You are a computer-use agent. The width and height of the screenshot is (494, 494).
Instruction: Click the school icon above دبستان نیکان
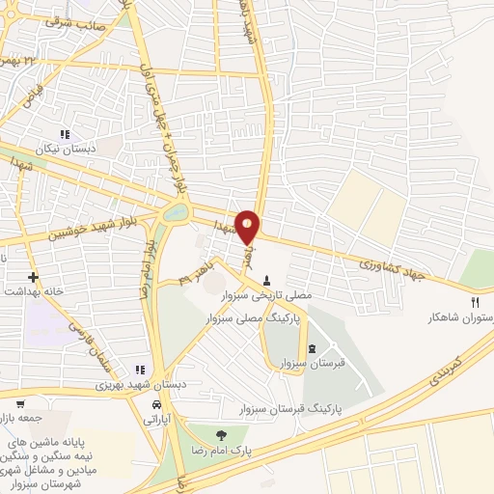(x=66, y=134)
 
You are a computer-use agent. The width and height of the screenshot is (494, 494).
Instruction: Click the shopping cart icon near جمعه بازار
(x=19, y=406)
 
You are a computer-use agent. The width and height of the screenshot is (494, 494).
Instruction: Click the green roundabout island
(x=176, y=210)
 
